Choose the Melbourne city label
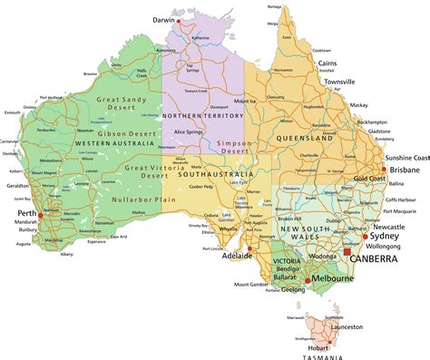pos(334,281)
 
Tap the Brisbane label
pos(404,170)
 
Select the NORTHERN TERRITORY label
pos(206,115)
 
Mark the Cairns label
pos(328,64)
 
